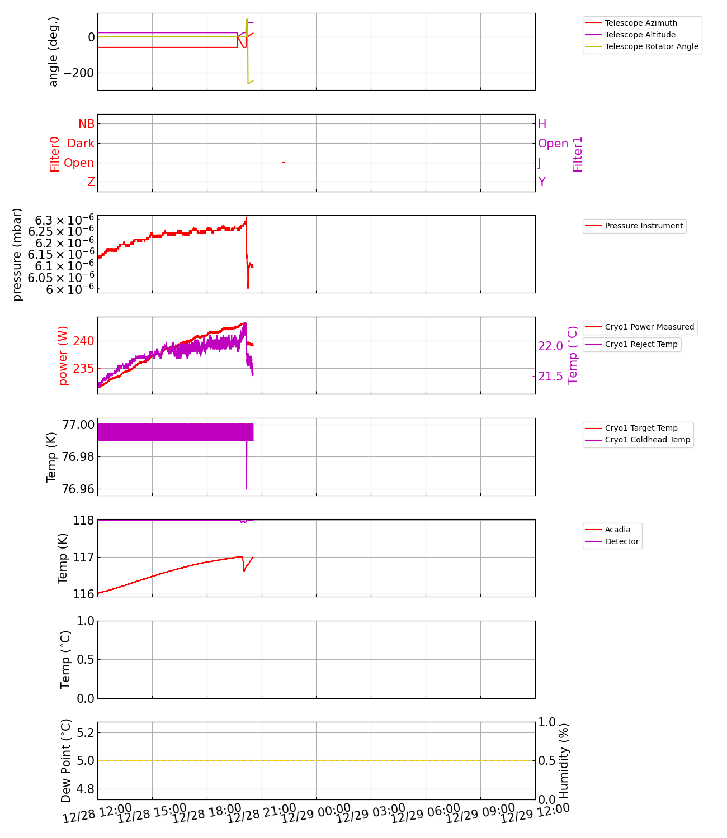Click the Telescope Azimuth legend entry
point(641,23)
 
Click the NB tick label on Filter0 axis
point(86,124)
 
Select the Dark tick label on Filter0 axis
point(81,144)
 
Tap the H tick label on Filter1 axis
point(542,124)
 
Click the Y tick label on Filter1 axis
point(541,182)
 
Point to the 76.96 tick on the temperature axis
point(78,489)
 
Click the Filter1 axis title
point(578,154)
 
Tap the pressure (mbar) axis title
point(17,254)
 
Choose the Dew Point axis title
point(66,760)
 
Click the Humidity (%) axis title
point(564,760)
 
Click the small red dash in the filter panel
point(283,163)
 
